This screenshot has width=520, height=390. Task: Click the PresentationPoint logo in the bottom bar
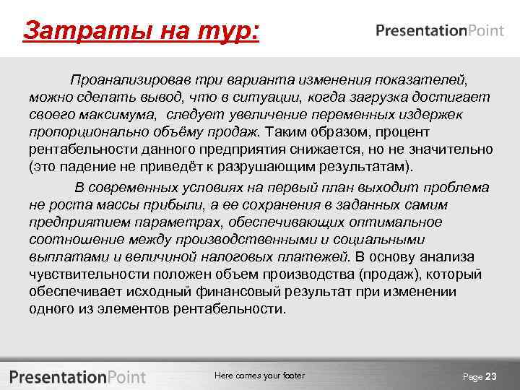point(78,376)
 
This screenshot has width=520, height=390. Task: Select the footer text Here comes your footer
point(259,376)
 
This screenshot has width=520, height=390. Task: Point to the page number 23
point(491,376)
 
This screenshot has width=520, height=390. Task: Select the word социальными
point(382,239)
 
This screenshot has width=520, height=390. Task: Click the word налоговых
point(251,256)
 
